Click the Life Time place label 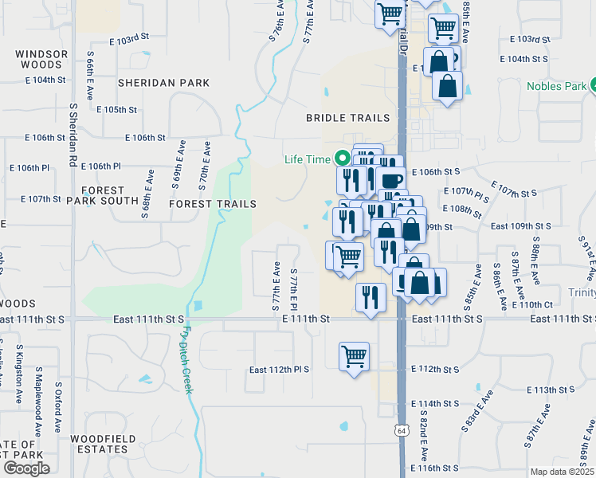click(307, 159)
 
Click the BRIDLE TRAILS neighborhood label click(349, 118)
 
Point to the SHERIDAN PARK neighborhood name click(163, 83)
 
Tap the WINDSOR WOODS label click(41, 61)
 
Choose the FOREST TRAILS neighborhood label click(213, 204)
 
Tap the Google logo click(26, 468)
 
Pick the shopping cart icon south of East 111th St click(354, 356)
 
